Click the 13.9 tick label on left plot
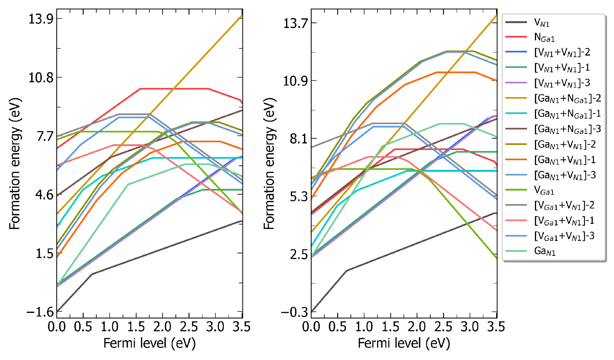click(41, 19)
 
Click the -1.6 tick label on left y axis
click(40, 312)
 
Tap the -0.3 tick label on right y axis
click(294, 312)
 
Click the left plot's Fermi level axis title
click(149, 343)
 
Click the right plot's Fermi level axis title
click(404, 343)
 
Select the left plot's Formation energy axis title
click(15, 163)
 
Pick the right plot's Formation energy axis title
click(269, 163)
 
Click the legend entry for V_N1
click(542, 23)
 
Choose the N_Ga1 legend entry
click(544, 38)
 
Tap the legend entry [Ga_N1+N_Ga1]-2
click(567, 98)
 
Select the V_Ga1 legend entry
click(544, 191)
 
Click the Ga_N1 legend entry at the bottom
click(545, 251)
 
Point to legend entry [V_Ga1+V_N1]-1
click(564, 221)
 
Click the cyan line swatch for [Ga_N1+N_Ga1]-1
click(516, 114)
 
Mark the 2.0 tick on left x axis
click(162, 327)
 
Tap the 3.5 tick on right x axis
click(496, 327)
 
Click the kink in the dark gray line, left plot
click(92, 274)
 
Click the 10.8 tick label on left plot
click(41, 78)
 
